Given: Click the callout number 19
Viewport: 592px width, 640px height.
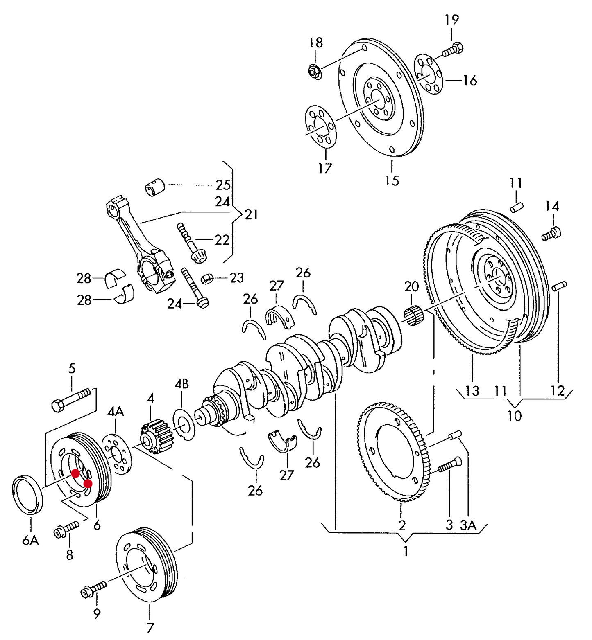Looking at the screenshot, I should pos(452,20).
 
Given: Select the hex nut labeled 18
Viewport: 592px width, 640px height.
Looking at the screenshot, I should pos(315,72).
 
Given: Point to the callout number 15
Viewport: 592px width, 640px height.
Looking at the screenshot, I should pos(392,180).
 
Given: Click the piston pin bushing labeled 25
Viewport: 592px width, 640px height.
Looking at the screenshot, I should pos(155,187).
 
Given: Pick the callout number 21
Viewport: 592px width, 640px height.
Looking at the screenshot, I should pos(251,214).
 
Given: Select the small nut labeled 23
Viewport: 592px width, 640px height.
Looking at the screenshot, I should pos(206,279).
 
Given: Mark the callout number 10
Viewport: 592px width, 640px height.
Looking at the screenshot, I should pos(515,416).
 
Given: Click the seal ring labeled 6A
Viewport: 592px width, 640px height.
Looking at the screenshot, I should pos(28,495).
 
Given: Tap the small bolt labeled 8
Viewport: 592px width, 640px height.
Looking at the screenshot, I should pos(66,529).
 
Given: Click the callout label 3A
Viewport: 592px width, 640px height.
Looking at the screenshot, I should pos(468,525).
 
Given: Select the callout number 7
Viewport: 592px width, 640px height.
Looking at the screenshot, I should pos(150,628).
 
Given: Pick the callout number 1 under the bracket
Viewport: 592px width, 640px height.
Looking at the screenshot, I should pos(406,551).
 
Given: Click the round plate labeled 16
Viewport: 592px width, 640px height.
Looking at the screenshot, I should pos(429,76).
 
